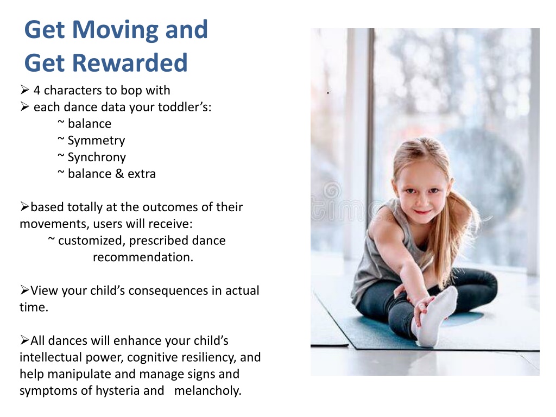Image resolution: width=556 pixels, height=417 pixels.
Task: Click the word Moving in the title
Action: pyautogui.click(x=116, y=30)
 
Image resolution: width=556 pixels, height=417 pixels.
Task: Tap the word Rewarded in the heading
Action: pyautogui.click(x=130, y=63)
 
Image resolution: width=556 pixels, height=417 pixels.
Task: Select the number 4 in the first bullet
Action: pyautogui.click(x=37, y=91)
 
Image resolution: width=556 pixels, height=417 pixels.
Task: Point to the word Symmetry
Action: pyautogui.click(x=97, y=141)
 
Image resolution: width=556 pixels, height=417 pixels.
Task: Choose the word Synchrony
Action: pyautogui.click(x=97, y=157)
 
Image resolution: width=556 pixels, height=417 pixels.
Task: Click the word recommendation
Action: pyautogui.click(x=143, y=257)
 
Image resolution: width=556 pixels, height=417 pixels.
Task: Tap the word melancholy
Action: pyautogui.click(x=208, y=391)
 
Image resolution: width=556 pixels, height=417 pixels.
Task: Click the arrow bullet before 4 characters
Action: pyautogui.click(x=25, y=90)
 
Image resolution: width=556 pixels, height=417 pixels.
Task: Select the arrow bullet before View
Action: pyautogui.click(x=25, y=290)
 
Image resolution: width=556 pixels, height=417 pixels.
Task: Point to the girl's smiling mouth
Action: pyautogui.click(x=422, y=212)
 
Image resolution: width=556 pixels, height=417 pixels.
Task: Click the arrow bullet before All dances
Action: pyautogui.click(x=25, y=340)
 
